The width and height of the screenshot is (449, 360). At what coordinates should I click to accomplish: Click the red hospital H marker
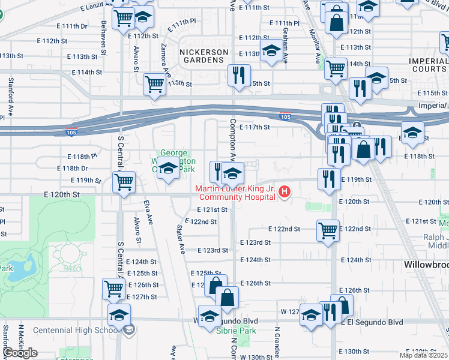[x=285, y=193]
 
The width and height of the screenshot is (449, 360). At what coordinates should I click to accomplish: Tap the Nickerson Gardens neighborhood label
[x=204, y=56]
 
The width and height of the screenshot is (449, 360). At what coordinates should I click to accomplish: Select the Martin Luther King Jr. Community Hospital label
[x=237, y=193]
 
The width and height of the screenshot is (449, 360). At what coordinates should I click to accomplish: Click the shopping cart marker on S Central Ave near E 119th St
[x=124, y=182]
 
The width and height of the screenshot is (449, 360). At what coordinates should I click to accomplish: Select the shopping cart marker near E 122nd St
[x=328, y=230]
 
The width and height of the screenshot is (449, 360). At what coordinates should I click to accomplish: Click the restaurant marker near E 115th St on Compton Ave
[x=240, y=76]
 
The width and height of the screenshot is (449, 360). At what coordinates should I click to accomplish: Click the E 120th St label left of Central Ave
[x=62, y=195]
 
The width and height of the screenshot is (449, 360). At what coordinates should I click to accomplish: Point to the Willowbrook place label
[x=424, y=264]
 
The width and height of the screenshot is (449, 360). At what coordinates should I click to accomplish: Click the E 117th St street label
[x=255, y=127]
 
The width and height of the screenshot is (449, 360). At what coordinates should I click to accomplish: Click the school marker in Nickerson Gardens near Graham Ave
[x=271, y=51]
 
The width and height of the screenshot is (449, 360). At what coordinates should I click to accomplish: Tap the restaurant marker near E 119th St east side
[x=328, y=178]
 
